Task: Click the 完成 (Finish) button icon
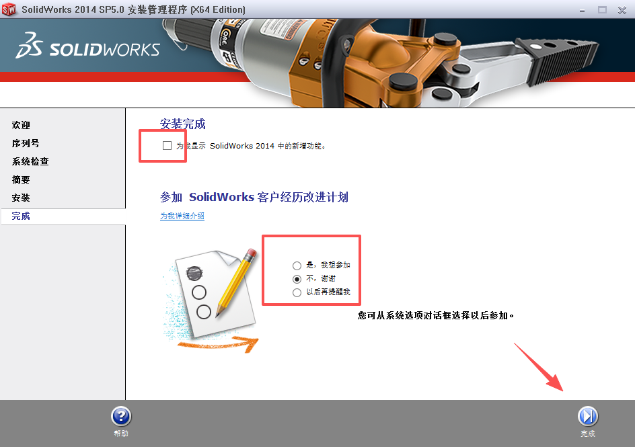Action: coord(588,417)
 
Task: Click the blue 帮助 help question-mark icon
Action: coord(121,417)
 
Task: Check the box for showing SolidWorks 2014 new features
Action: coord(167,146)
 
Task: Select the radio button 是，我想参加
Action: coord(297,266)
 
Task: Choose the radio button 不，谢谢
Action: coord(297,279)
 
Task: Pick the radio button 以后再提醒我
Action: coord(297,292)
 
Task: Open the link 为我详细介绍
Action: coord(182,216)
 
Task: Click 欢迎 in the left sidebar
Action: coord(21,126)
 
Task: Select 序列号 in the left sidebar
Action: coord(26,144)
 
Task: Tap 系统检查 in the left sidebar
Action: coord(30,162)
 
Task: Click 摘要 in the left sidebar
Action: coord(21,180)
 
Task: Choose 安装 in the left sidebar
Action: coord(21,198)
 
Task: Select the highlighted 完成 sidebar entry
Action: coord(21,216)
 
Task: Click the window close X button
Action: coord(622,9)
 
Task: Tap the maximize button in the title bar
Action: coord(602,9)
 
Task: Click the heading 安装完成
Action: coord(183,124)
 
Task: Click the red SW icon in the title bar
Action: coord(9,9)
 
